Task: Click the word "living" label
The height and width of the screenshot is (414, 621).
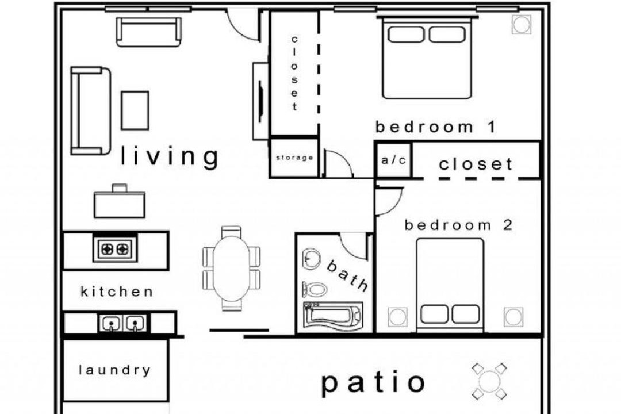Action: point(169,156)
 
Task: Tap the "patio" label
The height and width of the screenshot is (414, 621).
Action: point(373,383)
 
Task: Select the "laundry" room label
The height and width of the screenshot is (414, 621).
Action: point(115,370)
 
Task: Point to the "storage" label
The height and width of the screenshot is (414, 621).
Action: point(294,158)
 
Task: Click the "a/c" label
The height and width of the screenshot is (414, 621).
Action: point(394,160)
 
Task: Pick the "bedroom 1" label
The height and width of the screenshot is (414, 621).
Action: point(435,126)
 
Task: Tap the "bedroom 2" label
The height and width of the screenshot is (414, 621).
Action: point(458,225)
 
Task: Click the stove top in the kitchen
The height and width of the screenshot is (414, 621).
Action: point(115,248)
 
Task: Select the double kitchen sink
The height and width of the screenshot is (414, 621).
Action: point(123,324)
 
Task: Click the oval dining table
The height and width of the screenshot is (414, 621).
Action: point(232,268)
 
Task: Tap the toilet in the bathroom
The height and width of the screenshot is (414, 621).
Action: point(315,289)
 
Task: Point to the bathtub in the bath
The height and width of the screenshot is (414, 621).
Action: point(333,316)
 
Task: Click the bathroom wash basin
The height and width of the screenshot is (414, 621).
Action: point(312,258)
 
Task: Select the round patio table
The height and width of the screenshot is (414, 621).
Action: point(489,381)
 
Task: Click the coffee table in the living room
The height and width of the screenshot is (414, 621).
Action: point(135,110)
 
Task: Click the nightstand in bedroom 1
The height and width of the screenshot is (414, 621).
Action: point(522,25)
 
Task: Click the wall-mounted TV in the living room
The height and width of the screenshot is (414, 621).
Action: point(260,101)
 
